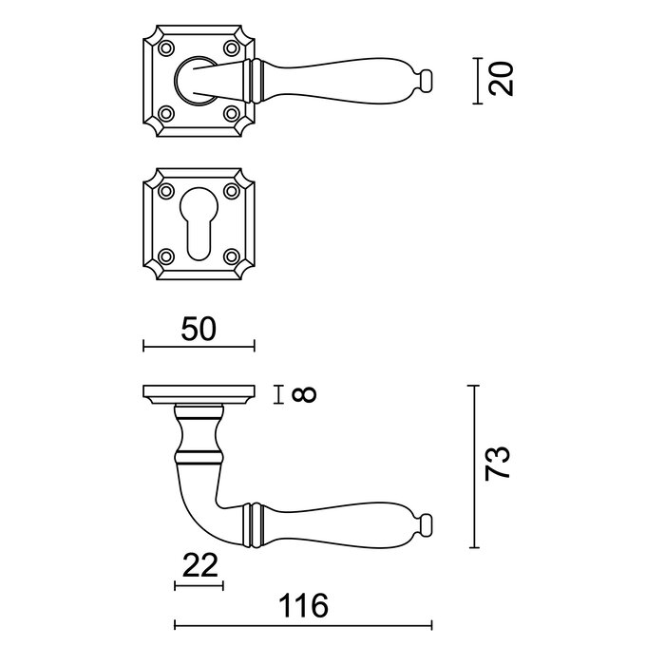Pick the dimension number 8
coord(304,393)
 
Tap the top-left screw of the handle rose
coord(167,47)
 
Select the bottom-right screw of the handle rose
coord(230,111)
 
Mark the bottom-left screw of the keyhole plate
coord(167,255)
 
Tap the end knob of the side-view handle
coord(426,522)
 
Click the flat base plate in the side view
coord(199,393)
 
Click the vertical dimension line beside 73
coord(474,466)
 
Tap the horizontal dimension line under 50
coord(199,348)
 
